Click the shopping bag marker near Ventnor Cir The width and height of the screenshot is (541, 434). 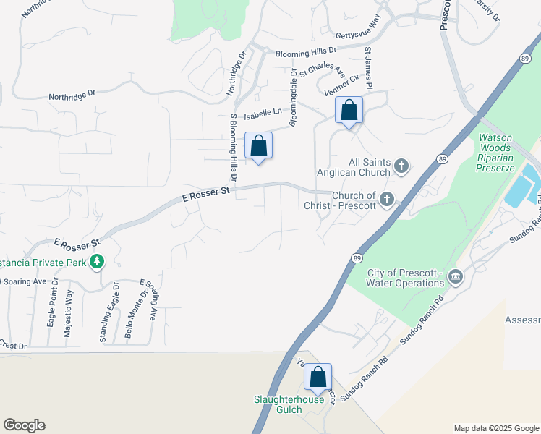349,111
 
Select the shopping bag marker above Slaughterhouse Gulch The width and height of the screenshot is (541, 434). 317,377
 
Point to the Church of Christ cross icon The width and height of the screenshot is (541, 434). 388,200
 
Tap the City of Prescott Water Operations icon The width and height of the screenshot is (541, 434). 456,276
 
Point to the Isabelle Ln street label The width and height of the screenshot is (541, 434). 262,114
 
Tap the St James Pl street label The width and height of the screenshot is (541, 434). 368,69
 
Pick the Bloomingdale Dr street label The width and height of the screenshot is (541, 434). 294,98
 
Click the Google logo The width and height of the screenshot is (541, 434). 24,425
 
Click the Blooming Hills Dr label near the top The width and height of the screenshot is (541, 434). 306,52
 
